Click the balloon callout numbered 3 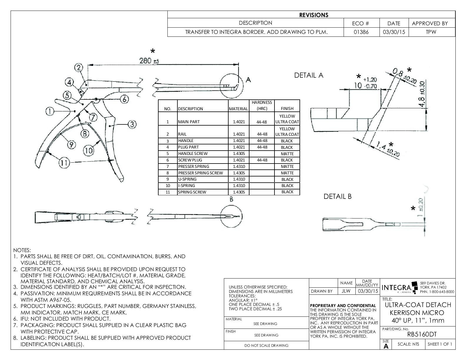(132, 124)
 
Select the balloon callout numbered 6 (125, 99)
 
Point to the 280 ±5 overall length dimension (149, 61)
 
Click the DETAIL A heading (309, 75)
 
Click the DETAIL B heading (337, 196)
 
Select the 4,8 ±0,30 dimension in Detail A (422, 94)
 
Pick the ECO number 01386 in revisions (361, 32)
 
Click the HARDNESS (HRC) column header (262, 105)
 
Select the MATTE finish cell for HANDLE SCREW (287, 154)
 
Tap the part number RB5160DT (422, 334)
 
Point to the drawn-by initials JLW (346, 291)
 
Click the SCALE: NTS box (408, 344)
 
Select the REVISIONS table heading (314, 15)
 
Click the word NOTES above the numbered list (22, 250)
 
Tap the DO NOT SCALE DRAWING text (266, 346)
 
